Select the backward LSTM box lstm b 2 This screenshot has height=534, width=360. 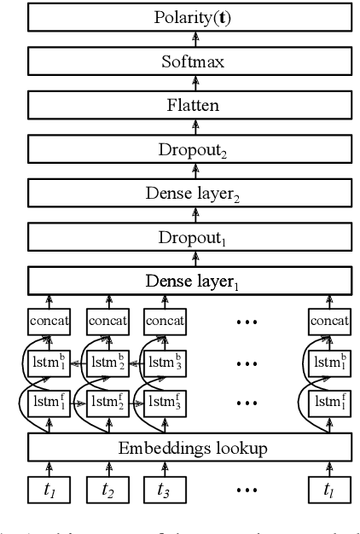pos(109,362)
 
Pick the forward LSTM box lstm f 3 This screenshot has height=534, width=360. pos(165,401)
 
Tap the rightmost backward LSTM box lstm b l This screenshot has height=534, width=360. pos(328,362)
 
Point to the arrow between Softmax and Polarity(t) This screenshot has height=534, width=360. pos(195,38)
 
